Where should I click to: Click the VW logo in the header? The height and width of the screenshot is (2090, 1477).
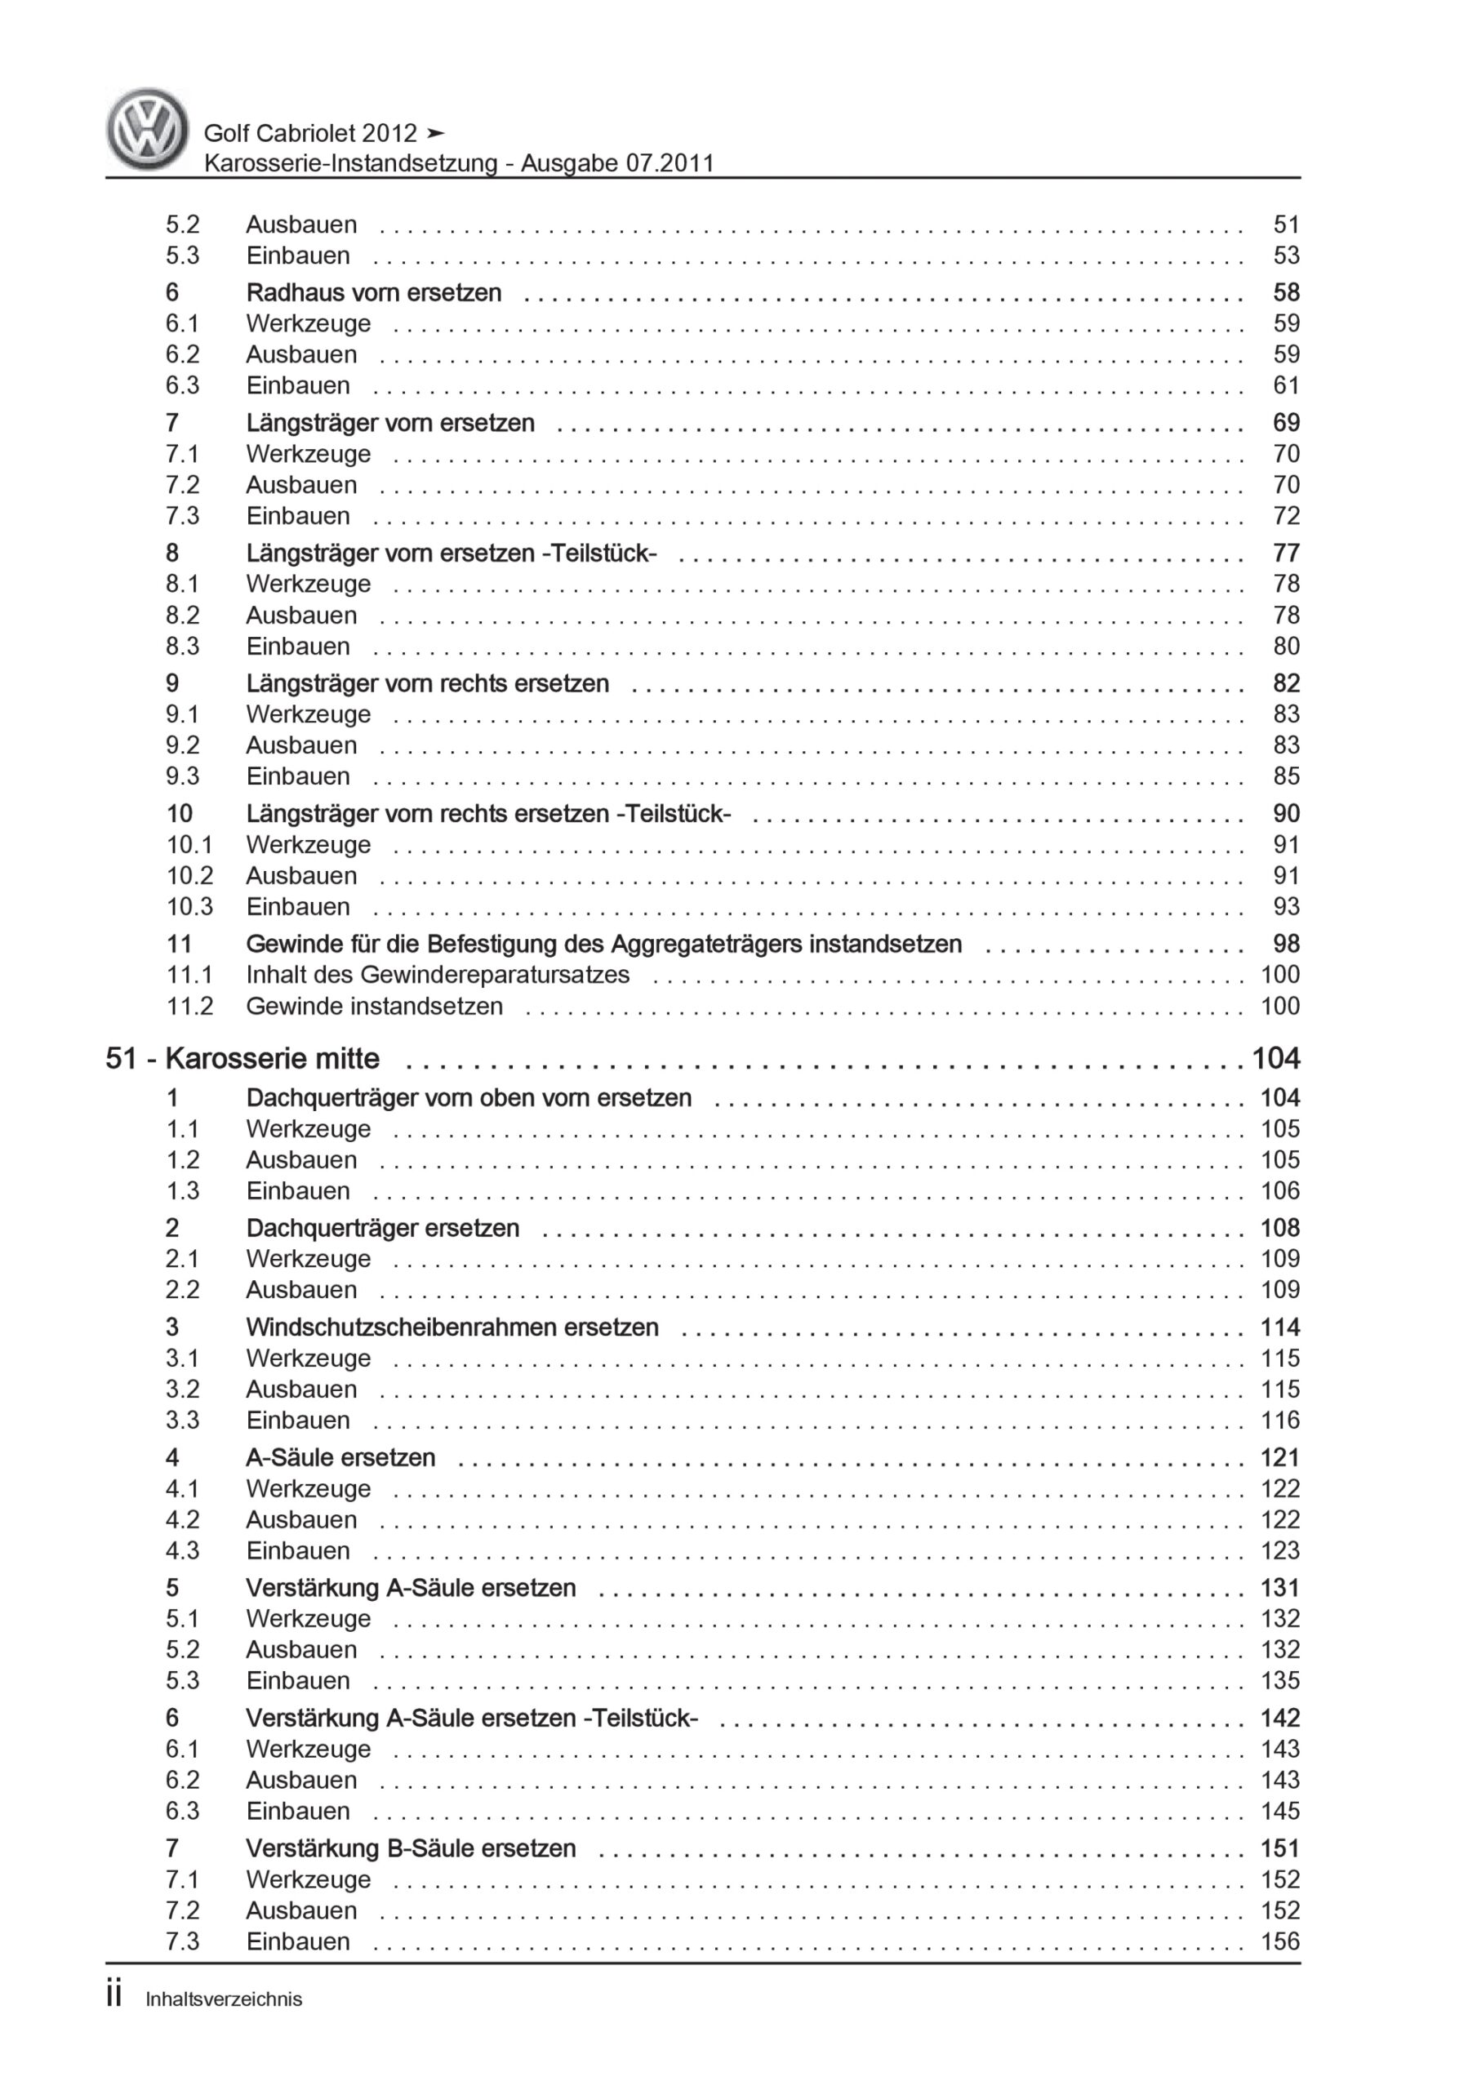coord(148,129)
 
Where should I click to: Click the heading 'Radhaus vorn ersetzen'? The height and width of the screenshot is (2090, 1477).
coord(373,292)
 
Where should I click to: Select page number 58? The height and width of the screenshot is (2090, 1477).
coord(1286,292)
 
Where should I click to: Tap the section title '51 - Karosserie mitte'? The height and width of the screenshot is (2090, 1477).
coord(242,1059)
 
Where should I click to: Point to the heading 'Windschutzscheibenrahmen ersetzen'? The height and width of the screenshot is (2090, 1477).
coord(452,1327)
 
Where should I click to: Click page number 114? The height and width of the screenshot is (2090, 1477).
coord(1279,1327)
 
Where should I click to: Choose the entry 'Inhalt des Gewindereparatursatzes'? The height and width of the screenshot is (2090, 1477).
coord(437,975)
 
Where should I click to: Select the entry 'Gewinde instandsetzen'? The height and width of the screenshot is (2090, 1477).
coord(373,1006)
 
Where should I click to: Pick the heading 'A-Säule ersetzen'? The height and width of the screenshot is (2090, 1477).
coord(340,1457)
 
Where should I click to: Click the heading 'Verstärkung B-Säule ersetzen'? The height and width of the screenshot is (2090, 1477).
coord(411,1848)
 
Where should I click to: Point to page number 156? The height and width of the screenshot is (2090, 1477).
coord(1279,1941)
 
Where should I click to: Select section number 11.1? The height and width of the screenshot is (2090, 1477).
coord(189,975)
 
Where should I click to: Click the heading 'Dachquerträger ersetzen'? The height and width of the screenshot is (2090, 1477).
coord(382,1228)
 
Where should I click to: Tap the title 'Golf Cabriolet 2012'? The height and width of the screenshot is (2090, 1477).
coord(310,133)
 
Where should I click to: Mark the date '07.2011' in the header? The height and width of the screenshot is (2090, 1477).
coord(670,164)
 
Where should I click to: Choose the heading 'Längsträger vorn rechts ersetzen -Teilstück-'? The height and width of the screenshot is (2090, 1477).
coord(488,814)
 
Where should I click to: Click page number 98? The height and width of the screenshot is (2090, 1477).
coord(1286,944)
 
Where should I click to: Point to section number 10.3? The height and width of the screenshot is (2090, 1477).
coord(189,907)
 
